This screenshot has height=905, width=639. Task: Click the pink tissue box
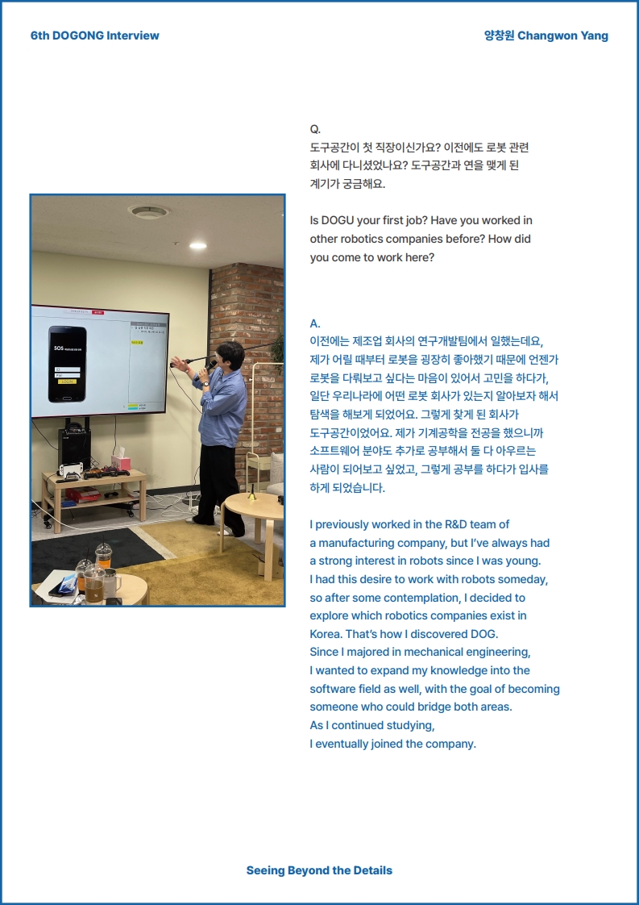121,462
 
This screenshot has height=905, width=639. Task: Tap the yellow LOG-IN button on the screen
66,382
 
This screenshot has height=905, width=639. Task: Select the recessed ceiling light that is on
197,245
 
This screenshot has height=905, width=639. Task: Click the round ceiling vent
149,211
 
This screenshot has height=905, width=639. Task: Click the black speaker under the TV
74,448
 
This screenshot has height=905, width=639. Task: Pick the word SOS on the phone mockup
59,349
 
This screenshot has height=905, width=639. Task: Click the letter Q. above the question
315,129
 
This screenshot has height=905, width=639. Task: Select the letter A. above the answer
315,323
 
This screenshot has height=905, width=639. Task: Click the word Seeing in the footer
265,870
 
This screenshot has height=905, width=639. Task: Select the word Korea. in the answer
326,634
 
